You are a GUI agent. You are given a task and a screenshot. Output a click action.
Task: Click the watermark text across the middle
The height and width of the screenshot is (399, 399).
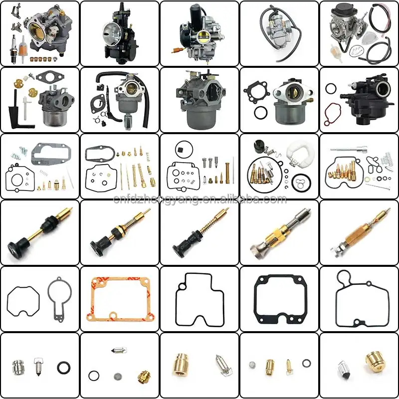click(199, 200)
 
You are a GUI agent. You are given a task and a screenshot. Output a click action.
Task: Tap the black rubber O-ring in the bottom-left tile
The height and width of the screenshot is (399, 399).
click(63, 368)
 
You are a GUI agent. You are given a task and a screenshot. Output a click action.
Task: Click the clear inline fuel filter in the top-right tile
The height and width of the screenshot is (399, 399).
click(335, 50)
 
